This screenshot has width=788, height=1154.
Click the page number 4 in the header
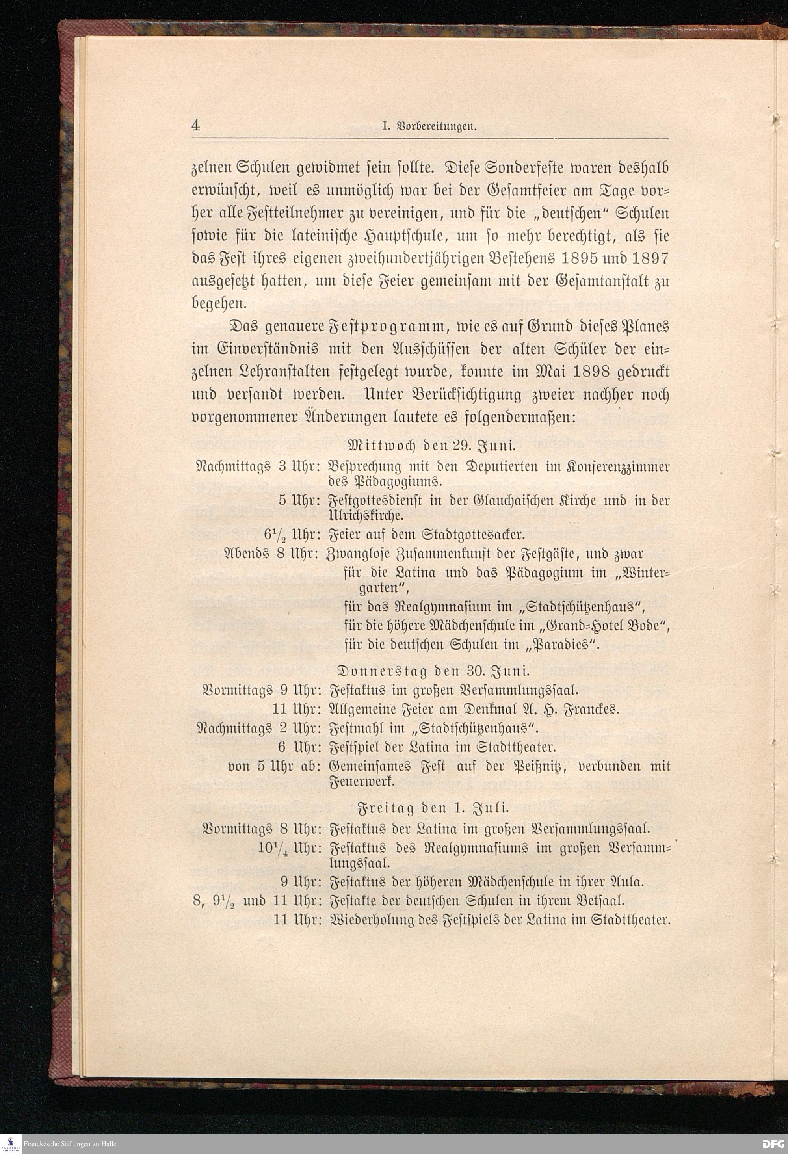[196, 126]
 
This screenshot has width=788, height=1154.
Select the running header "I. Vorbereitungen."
[429, 126]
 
